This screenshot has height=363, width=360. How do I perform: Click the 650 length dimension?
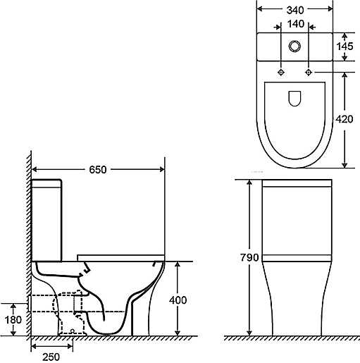(98, 169)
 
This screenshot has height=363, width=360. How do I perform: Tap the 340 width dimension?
(295, 10)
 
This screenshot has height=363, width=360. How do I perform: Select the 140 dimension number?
(296, 24)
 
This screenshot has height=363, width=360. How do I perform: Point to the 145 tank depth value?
(345, 47)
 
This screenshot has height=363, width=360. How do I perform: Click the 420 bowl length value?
(345, 119)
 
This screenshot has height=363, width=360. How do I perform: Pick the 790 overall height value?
(249, 257)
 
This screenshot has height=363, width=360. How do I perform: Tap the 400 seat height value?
(178, 300)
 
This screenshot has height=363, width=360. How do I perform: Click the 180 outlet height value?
(13, 319)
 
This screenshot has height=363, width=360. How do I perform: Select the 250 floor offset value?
(51, 357)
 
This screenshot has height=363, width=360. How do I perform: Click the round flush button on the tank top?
(294, 46)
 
